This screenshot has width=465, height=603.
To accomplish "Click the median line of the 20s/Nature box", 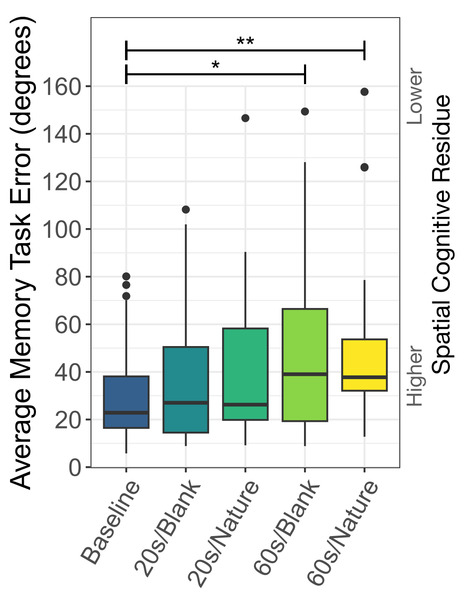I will (245, 405).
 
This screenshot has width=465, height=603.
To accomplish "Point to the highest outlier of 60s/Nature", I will (364, 92).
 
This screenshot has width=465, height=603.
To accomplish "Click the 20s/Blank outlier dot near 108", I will (186, 210).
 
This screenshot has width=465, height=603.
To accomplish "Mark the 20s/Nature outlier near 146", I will (245, 118).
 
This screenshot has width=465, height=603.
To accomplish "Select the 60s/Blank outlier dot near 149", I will (305, 112).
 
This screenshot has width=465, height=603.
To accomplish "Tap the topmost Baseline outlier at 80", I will (126, 276).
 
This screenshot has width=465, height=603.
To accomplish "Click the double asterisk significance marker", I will (245, 42).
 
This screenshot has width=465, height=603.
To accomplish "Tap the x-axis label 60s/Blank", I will (288, 528).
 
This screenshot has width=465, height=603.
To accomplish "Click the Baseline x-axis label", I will (111, 523).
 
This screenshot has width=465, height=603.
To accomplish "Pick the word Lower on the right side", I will (415, 96).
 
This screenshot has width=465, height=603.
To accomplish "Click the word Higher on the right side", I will (415, 376).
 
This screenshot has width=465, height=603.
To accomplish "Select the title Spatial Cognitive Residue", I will (442, 234).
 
